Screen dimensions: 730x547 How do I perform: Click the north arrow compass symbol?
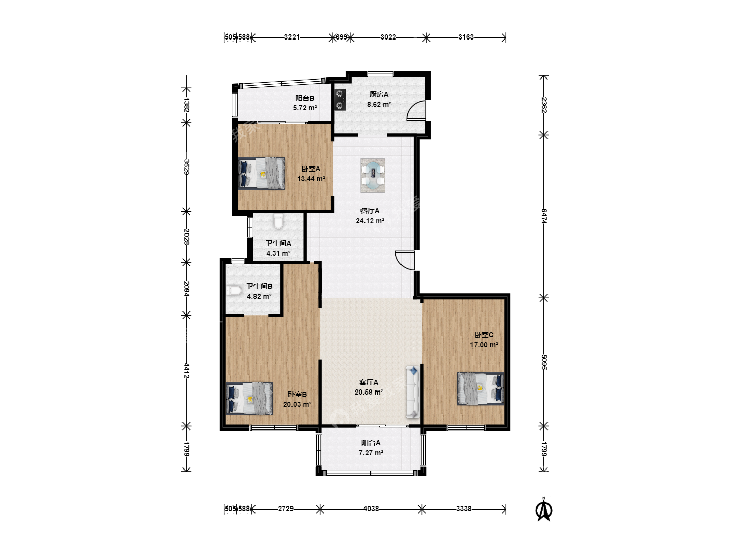point(544,510)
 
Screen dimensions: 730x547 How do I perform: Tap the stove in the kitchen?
point(340,100)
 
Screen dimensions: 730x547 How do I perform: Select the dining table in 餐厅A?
point(373,175)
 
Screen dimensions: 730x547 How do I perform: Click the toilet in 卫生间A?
point(278,221)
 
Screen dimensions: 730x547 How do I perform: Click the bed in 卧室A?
point(262,173)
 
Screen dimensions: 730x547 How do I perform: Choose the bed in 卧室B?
point(249,399)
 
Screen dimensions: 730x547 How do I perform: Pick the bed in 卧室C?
point(481,388)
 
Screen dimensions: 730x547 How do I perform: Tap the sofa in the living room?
point(413,392)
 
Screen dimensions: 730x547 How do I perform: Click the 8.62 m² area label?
point(379,104)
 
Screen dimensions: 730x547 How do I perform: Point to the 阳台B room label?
point(305,98)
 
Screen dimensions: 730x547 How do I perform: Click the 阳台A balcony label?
point(371,443)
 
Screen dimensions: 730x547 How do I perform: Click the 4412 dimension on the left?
point(187,371)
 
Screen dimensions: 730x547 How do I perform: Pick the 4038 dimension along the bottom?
point(371,509)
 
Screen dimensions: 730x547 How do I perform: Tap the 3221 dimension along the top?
point(291,37)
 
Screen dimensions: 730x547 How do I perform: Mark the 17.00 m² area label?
point(484,345)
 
